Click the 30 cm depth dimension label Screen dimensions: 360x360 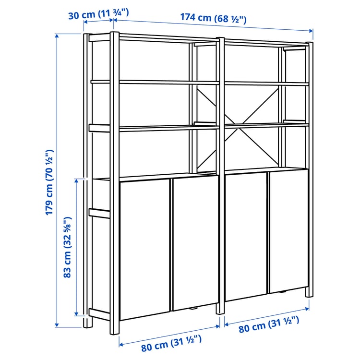[x=98, y=14]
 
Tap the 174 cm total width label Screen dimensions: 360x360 [x=213, y=18]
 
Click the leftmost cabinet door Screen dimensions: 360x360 [x=144, y=247]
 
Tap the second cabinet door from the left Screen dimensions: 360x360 [x=194, y=242]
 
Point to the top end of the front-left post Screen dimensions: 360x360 [x=114, y=35]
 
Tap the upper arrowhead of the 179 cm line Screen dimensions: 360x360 [x=57, y=36]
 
